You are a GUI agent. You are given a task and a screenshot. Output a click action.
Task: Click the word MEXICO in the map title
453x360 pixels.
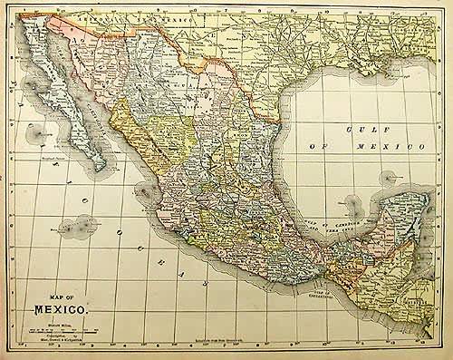[x=62, y=310]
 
